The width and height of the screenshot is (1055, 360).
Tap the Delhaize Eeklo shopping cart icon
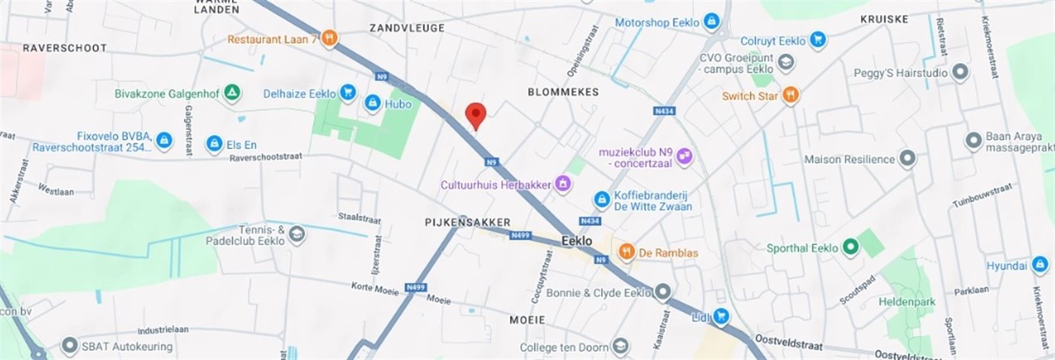coord(349,93)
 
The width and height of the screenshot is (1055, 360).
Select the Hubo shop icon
coord(373,103)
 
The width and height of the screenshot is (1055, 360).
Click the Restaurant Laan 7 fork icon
coord(330,38)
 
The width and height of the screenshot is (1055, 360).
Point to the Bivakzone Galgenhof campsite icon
coord(231,93)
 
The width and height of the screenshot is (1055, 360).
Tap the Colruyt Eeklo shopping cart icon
coord(818,40)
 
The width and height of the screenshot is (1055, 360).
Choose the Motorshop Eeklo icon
coord(711,21)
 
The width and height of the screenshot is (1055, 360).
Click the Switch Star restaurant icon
coord(791,95)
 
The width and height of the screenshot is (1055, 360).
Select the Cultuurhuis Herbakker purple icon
coord(563,184)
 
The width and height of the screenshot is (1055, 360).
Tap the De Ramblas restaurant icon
coord(626,253)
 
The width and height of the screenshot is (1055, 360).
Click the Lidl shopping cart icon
coord(720,317)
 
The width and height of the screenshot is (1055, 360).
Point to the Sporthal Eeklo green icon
coord(849,247)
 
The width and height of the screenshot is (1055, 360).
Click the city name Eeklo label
coord(577,241)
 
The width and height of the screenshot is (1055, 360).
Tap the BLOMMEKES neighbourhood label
coord(563,92)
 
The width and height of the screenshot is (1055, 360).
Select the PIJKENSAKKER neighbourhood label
coord(468,222)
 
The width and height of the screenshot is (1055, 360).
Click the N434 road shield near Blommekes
coord(664,111)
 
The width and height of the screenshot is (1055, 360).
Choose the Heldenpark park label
coord(907,302)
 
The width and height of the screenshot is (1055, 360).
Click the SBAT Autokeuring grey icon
coord(69,346)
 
